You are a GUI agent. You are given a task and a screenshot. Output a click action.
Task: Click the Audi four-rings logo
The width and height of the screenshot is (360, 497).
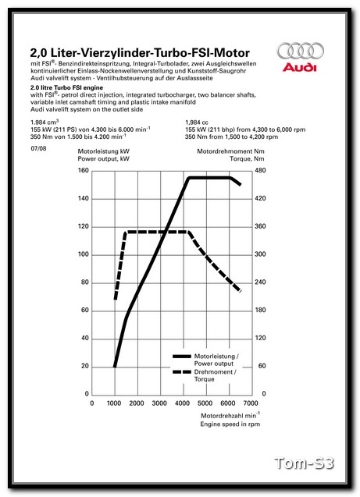[298, 51]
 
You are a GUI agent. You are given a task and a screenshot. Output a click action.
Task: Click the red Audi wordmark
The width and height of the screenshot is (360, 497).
[298, 68]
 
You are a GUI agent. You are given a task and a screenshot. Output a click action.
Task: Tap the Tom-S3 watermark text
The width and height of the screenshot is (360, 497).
[304, 464]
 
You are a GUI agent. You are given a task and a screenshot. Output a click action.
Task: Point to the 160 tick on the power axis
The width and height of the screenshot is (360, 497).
[83, 170]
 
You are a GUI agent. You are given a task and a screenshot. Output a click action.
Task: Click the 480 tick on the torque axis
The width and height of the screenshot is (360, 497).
[261, 170]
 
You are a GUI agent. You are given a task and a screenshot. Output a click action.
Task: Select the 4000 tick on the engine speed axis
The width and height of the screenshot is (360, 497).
[182, 403]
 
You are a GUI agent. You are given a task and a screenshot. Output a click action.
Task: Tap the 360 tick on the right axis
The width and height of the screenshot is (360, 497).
[261, 226]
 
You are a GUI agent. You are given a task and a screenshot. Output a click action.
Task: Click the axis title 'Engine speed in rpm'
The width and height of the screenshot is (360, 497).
[227, 424]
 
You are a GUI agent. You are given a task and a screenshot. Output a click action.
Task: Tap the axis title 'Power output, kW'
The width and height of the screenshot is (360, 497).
[104, 158]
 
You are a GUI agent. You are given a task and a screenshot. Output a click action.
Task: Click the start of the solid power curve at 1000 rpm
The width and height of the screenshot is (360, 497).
[115, 366]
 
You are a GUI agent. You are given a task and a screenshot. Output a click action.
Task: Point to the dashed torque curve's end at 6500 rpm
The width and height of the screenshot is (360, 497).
[239, 291]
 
